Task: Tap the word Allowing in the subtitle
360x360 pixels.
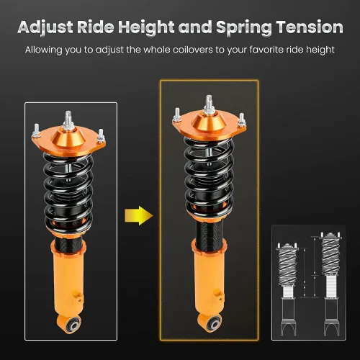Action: tap(45, 51)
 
